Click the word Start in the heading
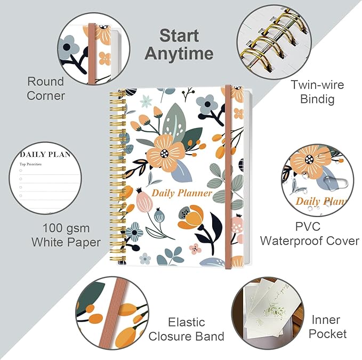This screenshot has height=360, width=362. [179, 36]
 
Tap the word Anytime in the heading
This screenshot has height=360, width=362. [179, 53]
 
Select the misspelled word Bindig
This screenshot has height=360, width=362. [317, 99]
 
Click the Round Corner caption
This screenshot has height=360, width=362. [45, 89]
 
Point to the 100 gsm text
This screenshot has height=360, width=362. [66, 228]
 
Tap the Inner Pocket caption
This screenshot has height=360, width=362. [327, 327]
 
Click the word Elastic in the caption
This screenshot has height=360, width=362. [187, 322]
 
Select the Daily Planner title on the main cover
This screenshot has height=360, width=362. [182, 193]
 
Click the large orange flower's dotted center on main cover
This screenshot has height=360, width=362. [164, 153]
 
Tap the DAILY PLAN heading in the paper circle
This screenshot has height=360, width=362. [45, 154]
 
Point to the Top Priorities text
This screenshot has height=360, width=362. [30, 164]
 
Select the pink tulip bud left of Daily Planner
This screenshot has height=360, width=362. [144, 200]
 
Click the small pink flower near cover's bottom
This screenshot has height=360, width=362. [195, 249]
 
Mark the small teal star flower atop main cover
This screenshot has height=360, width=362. [146, 101]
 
